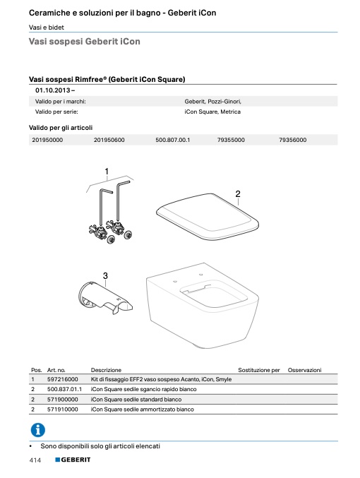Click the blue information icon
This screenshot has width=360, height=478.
pos(38,430)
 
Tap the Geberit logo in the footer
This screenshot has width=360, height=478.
pos(73,460)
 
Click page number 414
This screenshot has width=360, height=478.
pos(35,460)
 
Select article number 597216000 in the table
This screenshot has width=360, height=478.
pos(63,379)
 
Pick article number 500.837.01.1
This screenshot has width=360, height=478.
pos(65,389)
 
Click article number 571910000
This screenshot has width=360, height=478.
pos(63,410)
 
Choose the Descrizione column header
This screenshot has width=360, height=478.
pos(106,370)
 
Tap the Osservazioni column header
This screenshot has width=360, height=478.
pos(304,370)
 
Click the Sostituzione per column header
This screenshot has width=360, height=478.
pos(259,370)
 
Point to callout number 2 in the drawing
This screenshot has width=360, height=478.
pos(238,193)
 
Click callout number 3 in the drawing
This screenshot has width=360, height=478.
pos(105,275)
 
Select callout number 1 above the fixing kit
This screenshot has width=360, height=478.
pos(107,172)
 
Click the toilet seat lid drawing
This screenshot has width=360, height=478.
pos(208,217)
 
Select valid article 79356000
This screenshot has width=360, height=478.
pos(293,140)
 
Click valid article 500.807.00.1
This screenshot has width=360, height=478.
pos(172,140)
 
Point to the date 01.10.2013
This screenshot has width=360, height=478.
pos(53,90)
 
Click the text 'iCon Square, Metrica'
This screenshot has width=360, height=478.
pos(212,112)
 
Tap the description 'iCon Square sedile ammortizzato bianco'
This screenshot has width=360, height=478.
pos(143,410)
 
